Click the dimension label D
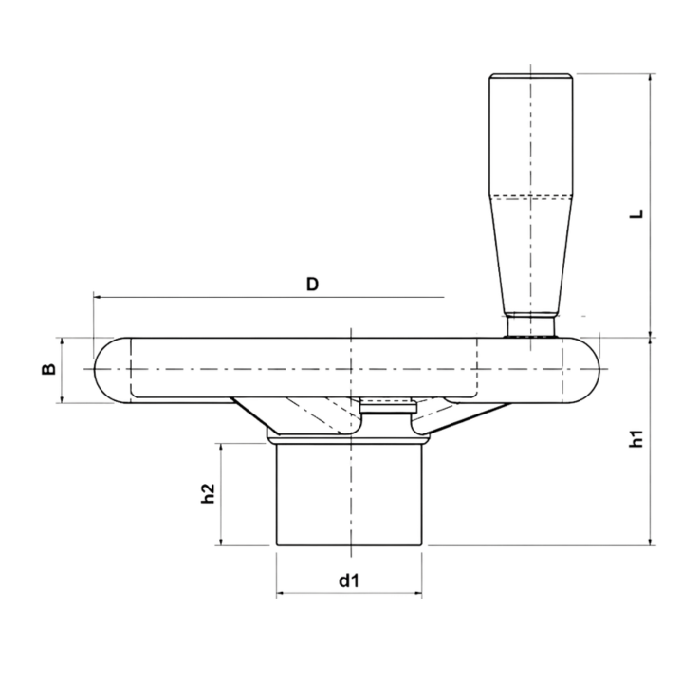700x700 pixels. pyautogui.click(x=312, y=284)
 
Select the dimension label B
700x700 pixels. pyautogui.click(x=47, y=370)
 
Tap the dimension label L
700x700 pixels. pyautogui.click(x=637, y=213)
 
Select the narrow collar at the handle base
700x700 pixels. pyautogui.click(x=530, y=324)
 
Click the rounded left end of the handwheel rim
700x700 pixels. pyautogui.click(x=106, y=370)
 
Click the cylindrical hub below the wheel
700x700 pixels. pyautogui.click(x=348, y=493)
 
